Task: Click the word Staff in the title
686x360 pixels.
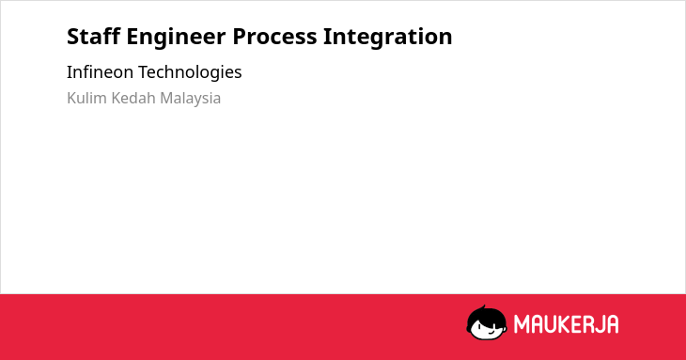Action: pos(93,37)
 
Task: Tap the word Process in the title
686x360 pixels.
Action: pos(274,37)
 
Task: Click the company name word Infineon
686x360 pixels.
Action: pos(100,71)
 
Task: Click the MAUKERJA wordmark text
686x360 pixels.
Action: pos(566,324)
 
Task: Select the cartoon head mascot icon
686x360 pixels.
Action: pos(487,322)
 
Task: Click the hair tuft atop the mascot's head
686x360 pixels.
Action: pos(483,307)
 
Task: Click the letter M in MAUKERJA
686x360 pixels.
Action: pos(521,324)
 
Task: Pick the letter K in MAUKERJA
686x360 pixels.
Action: pos(564,324)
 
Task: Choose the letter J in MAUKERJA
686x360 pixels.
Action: pos(600,324)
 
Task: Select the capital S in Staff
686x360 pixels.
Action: pos(72,37)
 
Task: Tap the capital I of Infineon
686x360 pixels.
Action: pos(69,72)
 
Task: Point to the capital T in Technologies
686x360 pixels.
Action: pos(144,72)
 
